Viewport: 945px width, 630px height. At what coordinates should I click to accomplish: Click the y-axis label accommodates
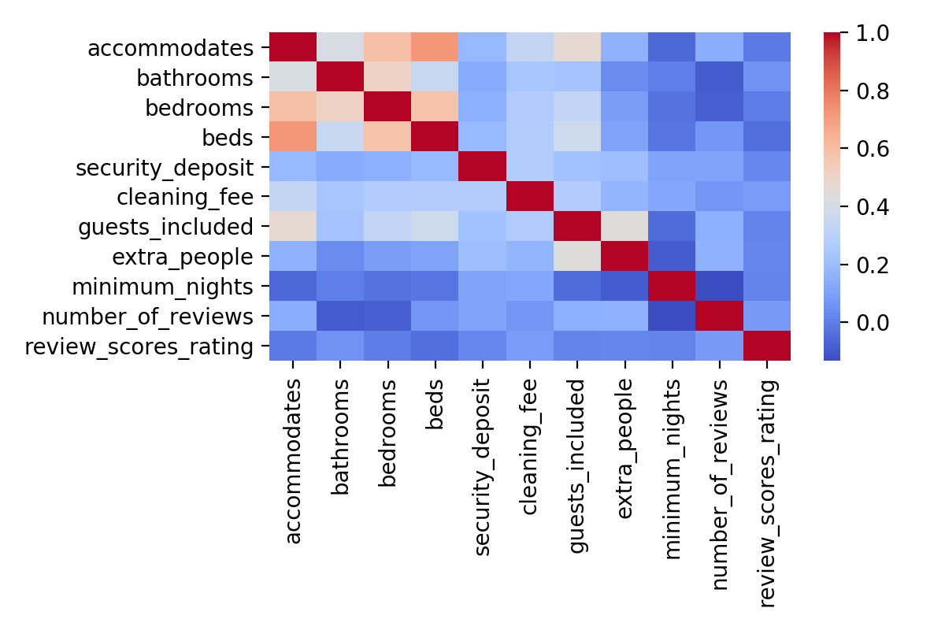(x=171, y=48)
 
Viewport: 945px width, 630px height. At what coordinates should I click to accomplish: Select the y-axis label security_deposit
(x=165, y=167)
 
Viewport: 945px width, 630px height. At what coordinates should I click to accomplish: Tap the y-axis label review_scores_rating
(x=140, y=346)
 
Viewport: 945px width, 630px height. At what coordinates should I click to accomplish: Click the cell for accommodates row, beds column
(x=435, y=48)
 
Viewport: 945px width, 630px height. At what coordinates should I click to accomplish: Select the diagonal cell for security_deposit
(x=482, y=167)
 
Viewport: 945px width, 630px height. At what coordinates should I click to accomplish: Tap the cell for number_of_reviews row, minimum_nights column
(x=672, y=316)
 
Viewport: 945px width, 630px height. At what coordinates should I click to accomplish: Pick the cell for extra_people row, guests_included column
(x=577, y=257)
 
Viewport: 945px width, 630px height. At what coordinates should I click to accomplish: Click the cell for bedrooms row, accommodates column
(x=292, y=108)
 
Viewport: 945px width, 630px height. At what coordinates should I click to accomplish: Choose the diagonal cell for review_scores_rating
(x=767, y=346)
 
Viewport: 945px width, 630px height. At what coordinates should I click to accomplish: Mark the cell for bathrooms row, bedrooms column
(x=387, y=78)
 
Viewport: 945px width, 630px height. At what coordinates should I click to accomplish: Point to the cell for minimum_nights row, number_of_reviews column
(x=720, y=286)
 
